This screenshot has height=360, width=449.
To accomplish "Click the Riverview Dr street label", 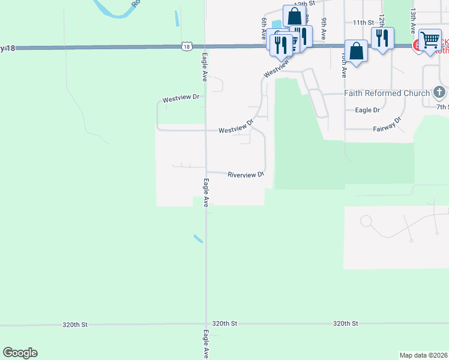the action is click(x=246, y=175).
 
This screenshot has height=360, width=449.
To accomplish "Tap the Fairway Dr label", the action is click(x=387, y=128).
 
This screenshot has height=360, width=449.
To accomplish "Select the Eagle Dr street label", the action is click(x=367, y=110).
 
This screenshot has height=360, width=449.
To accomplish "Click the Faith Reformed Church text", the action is click(x=387, y=93).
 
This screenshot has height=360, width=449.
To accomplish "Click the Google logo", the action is click(x=20, y=353).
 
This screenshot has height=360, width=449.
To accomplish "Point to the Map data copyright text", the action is click(x=424, y=355).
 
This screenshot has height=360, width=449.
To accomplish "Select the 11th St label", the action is click(x=363, y=22).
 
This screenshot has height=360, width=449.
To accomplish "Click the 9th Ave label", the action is click(x=324, y=29).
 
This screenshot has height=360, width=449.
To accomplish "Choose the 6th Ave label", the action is click(x=264, y=29).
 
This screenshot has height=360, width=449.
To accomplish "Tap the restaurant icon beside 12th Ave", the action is click(x=382, y=38).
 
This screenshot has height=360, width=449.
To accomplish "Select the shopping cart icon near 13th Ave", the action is click(x=430, y=40).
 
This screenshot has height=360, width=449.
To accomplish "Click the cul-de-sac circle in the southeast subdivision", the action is click(x=366, y=221).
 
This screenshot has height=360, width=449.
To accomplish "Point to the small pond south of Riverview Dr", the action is click(x=198, y=238).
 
